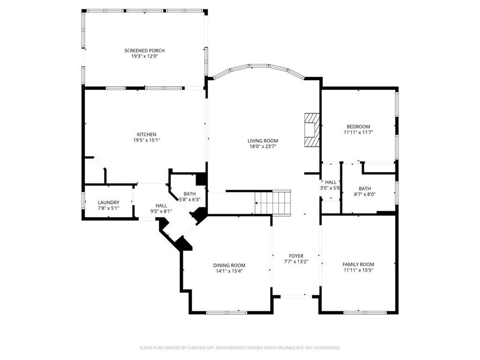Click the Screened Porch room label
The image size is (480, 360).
[144, 51]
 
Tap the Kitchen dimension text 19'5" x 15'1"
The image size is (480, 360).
[147, 140]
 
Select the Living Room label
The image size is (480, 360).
[263, 141]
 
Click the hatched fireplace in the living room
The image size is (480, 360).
[312, 130]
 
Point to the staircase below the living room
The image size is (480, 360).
[273, 202]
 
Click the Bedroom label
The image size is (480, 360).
[358, 127]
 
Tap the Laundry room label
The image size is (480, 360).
[109, 202]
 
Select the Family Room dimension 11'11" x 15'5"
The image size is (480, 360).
[358, 270]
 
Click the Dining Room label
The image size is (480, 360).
[229, 265]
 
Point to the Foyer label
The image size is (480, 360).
[296, 256]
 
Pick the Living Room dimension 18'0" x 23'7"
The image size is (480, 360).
[263, 146]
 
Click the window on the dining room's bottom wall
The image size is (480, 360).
[226, 313]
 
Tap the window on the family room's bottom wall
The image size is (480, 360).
[365, 313]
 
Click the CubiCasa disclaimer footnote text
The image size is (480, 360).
[240, 348]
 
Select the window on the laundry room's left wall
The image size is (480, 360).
[83, 201]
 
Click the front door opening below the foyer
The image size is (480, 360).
[296, 296]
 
